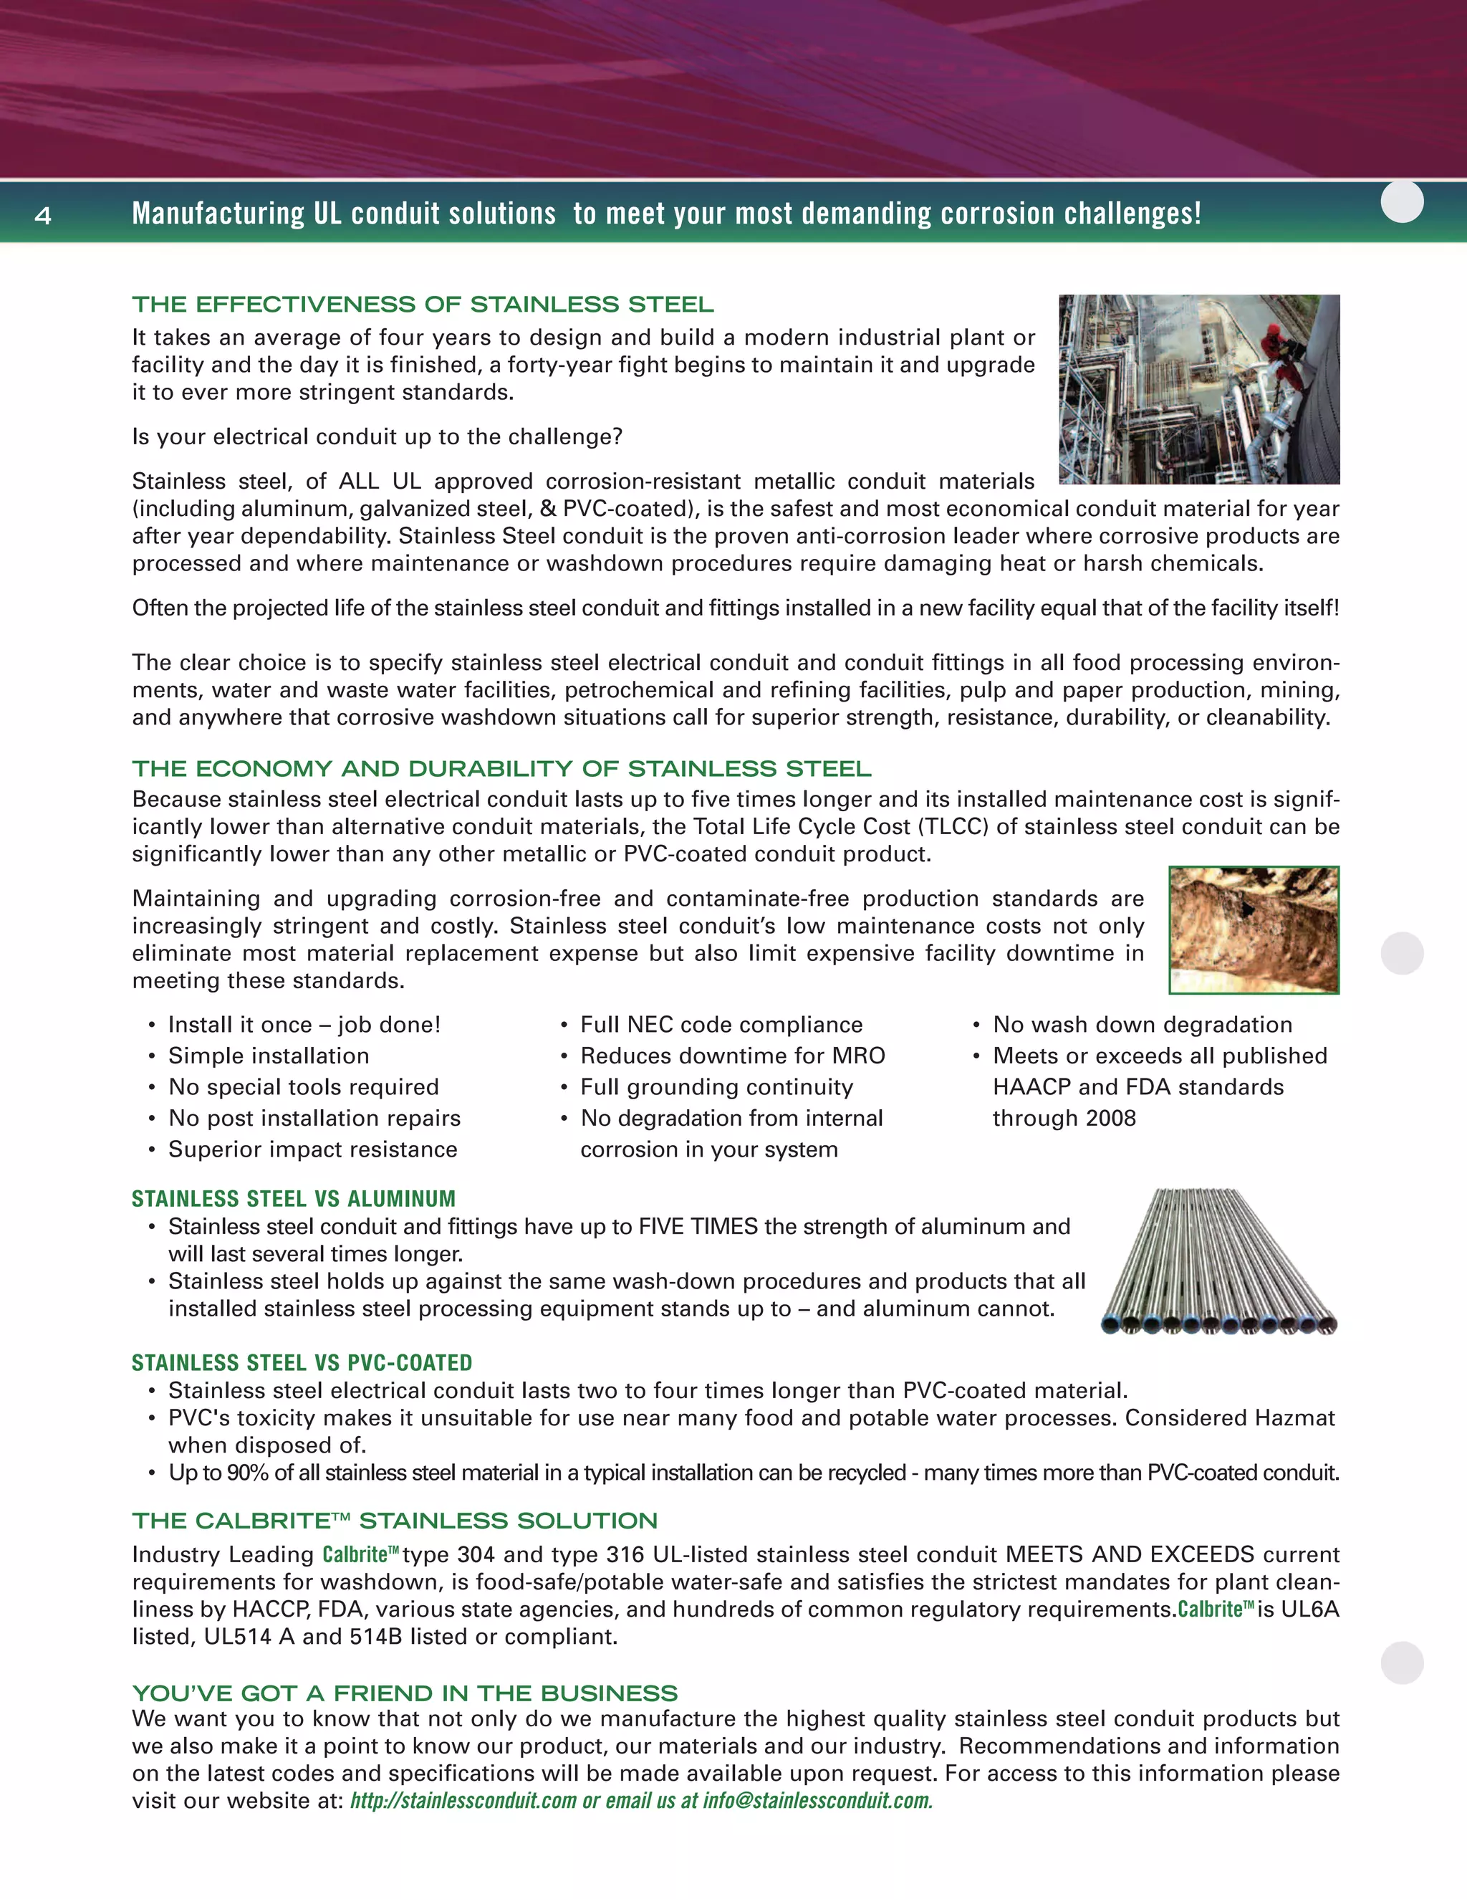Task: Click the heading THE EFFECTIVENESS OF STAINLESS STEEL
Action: [x=423, y=305]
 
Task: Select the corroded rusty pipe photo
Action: [x=1254, y=929]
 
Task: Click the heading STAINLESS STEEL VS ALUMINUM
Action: [x=293, y=1199]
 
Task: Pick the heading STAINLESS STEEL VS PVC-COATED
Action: [x=302, y=1362]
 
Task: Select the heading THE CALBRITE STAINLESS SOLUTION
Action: [x=395, y=1521]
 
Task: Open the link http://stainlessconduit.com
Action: [x=462, y=1801]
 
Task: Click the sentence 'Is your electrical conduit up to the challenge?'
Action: [x=377, y=436]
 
